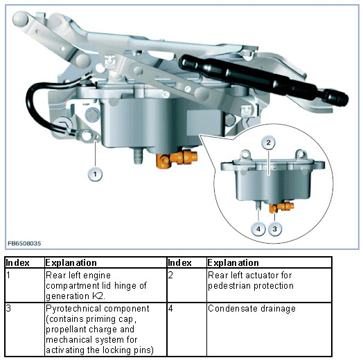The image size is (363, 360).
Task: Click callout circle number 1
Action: [x=95, y=174]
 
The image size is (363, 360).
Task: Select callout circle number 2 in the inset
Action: [x=268, y=143]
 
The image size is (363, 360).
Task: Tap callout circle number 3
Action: [x=275, y=229]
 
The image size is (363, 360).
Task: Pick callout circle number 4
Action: [x=258, y=229]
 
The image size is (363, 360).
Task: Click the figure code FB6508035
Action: [x=24, y=244]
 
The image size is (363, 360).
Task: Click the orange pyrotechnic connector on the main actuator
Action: [x=177, y=159]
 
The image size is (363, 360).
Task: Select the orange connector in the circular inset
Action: [x=281, y=207]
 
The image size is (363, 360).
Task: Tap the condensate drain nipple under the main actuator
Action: [x=139, y=156]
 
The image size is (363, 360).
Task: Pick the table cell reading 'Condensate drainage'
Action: [x=251, y=309]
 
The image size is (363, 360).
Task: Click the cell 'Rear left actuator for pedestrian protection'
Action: [x=251, y=280]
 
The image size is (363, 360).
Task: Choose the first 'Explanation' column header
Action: [x=71, y=262]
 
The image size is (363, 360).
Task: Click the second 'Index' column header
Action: [x=180, y=263]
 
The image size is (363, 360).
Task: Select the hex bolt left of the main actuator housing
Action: [x=92, y=115]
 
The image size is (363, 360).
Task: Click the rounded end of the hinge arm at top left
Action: [x=20, y=19]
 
